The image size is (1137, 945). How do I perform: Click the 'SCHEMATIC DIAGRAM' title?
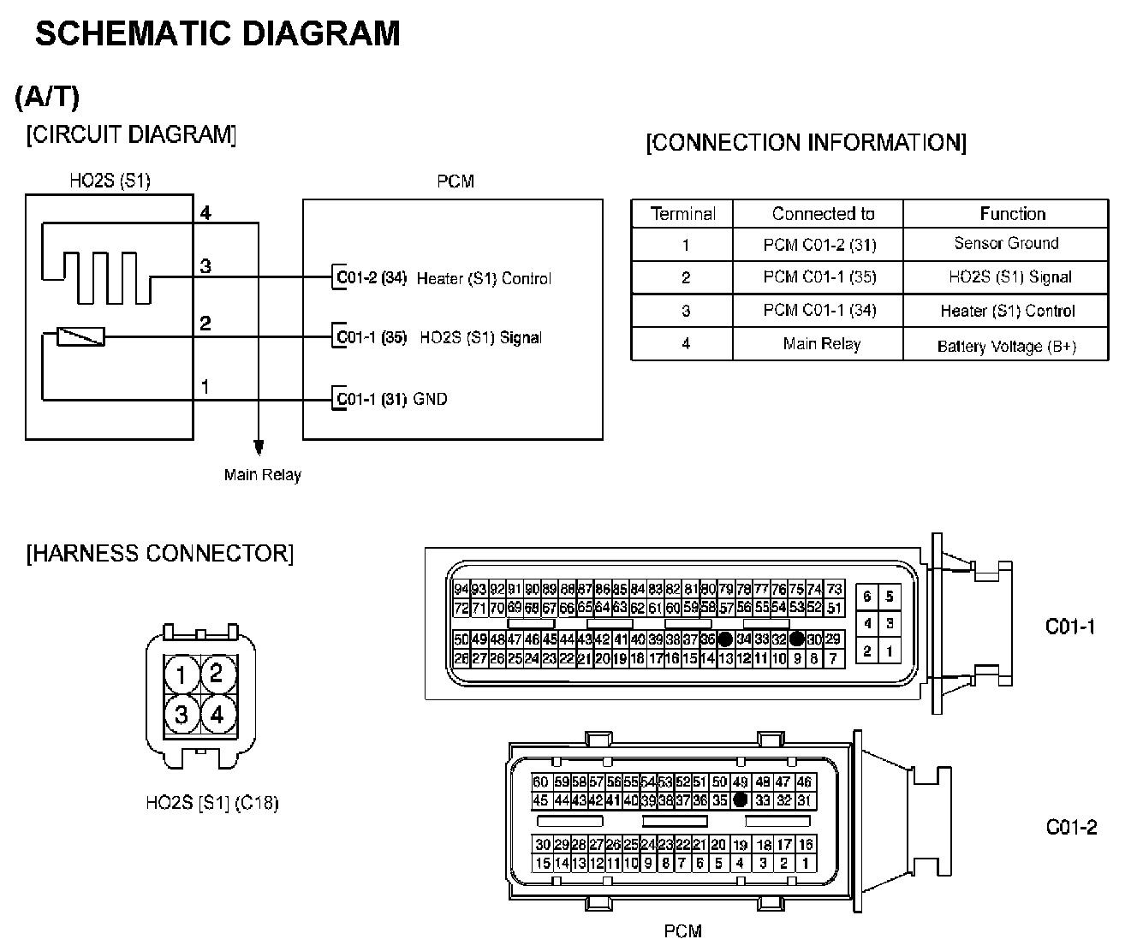point(217,33)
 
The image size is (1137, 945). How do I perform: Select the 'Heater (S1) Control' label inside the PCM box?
point(484,278)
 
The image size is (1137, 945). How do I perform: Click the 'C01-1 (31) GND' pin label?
point(392,399)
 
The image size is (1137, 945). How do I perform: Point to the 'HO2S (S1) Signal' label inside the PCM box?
point(480,337)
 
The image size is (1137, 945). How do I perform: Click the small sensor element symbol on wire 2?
point(80,336)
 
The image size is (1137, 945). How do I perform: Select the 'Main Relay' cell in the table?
point(821,344)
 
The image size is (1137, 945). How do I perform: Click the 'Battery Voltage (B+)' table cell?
point(1006,346)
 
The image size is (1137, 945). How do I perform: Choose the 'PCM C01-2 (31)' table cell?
point(819,245)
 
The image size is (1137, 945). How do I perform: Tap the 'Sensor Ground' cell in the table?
point(1006,244)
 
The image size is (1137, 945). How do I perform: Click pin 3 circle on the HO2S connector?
point(182,713)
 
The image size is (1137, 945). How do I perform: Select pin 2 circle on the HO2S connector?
point(217,673)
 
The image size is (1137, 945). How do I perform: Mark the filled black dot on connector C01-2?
point(741,799)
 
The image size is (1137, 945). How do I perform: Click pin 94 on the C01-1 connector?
point(461,589)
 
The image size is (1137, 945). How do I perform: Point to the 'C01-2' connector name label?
point(1071,827)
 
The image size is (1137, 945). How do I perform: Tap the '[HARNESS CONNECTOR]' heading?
point(160,554)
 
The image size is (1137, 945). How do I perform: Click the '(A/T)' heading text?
point(47,98)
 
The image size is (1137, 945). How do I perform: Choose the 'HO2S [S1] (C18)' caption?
point(211,803)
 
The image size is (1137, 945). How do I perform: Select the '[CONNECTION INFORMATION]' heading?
point(806,142)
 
